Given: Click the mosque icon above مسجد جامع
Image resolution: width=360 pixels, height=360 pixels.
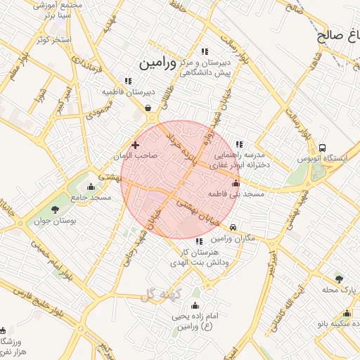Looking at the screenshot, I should click(x=91, y=187).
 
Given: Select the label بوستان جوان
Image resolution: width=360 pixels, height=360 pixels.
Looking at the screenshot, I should click(x=55, y=221).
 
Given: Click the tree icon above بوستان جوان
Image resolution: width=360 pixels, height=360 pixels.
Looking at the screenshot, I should click(x=56, y=210).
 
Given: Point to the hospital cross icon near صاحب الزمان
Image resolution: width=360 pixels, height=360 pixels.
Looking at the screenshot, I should click(x=136, y=144).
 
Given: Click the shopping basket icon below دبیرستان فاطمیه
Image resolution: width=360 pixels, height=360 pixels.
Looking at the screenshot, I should click(x=148, y=108).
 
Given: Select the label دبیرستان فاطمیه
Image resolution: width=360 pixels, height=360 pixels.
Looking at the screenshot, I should click(x=129, y=92).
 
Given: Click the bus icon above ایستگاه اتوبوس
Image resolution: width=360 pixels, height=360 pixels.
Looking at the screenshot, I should click(x=322, y=148).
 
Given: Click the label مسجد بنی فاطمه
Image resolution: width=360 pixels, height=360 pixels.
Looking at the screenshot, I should click(x=236, y=193).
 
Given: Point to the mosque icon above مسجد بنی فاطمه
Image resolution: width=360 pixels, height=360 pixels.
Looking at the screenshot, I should click(x=236, y=183).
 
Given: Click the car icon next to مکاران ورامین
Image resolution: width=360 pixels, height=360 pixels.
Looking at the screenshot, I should click(x=233, y=226).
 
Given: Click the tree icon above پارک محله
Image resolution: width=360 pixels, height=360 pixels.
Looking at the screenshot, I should click(x=340, y=279).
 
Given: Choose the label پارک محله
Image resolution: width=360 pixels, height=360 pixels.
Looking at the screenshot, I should click(x=340, y=290).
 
